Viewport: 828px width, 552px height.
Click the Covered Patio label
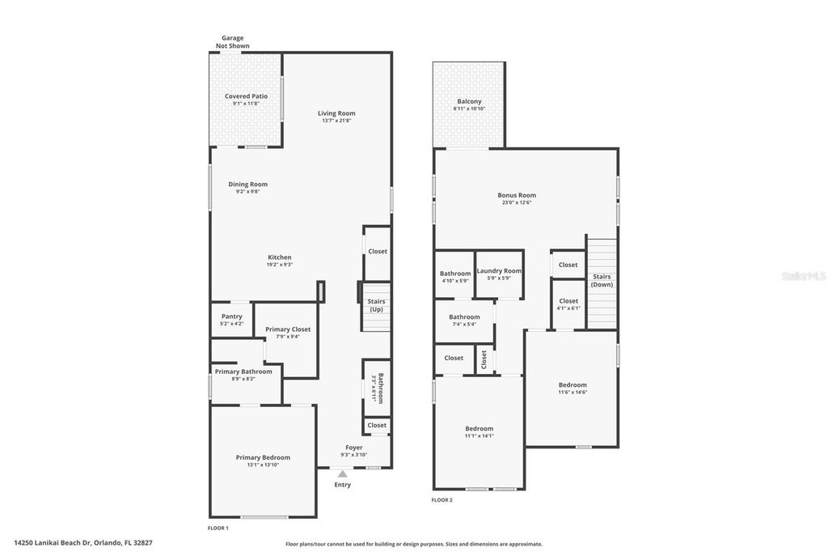pyautogui.click(x=246, y=96)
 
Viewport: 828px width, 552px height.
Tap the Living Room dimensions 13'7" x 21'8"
pyautogui.click(x=336, y=121)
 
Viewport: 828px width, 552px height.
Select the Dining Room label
pyautogui.click(x=247, y=185)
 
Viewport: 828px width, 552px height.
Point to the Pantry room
pyautogui.click(x=231, y=320)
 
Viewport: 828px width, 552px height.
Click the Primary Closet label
pyautogui.click(x=288, y=329)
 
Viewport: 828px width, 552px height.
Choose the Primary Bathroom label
pyautogui.click(x=243, y=372)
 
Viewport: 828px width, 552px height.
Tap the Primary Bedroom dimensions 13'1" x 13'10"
pyautogui.click(x=263, y=465)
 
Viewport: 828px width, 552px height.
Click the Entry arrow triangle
pyautogui.click(x=343, y=473)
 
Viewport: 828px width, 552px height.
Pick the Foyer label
pyautogui.click(x=354, y=448)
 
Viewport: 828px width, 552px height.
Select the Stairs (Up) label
pyautogui.click(x=377, y=305)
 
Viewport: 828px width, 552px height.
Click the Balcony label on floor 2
pyautogui.click(x=469, y=101)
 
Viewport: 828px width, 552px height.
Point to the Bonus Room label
pyautogui.click(x=517, y=195)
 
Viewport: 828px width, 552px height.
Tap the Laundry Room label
pyautogui.click(x=499, y=271)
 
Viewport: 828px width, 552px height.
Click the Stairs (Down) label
pyautogui.click(x=602, y=280)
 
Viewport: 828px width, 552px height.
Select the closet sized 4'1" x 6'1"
pyautogui.click(x=568, y=304)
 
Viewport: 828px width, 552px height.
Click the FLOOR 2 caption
pyautogui.click(x=441, y=500)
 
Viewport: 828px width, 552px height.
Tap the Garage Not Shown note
pyautogui.click(x=232, y=42)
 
